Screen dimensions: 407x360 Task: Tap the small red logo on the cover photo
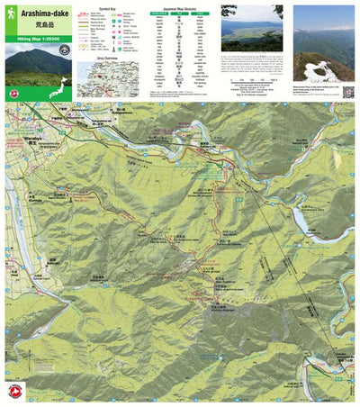coord(11,91)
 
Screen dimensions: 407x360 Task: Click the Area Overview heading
coord(108,56)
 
